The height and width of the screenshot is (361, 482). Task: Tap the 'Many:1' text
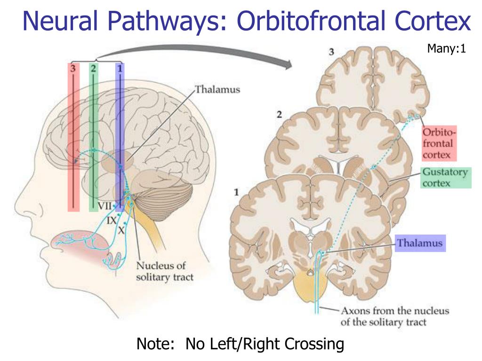(x=446, y=48)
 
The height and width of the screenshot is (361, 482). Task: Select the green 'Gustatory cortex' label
(x=445, y=177)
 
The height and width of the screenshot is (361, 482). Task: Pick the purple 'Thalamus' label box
(x=420, y=243)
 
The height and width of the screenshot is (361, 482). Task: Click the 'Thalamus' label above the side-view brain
(x=217, y=89)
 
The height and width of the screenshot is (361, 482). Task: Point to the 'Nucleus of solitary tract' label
(x=164, y=271)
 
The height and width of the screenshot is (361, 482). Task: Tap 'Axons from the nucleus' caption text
(x=394, y=311)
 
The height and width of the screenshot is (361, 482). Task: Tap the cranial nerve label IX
(x=112, y=219)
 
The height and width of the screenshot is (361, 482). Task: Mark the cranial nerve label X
(x=121, y=230)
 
